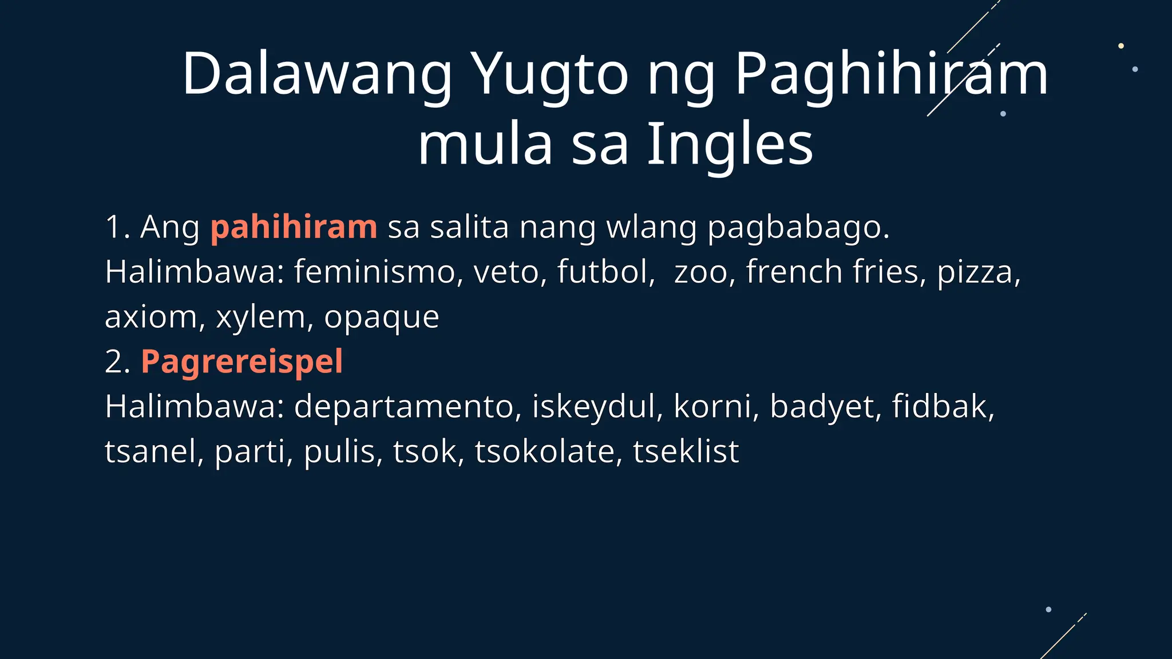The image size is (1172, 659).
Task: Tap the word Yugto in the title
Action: pyautogui.click(x=552, y=74)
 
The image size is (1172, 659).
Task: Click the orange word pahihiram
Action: pyautogui.click(x=294, y=227)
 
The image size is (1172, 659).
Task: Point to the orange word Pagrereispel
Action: pyautogui.click(x=241, y=362)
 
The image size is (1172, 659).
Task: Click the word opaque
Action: pyautogui.click(x=382, y=317)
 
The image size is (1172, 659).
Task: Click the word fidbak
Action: pyautogui.click(x=943, y=407)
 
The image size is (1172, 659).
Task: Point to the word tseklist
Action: pyautogui.click(x=686, y=451)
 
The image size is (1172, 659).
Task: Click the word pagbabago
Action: pyautogui.click(x=798, y=227)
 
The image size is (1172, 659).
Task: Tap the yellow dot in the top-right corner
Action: pyautogui.click(x=1121, y=46)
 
